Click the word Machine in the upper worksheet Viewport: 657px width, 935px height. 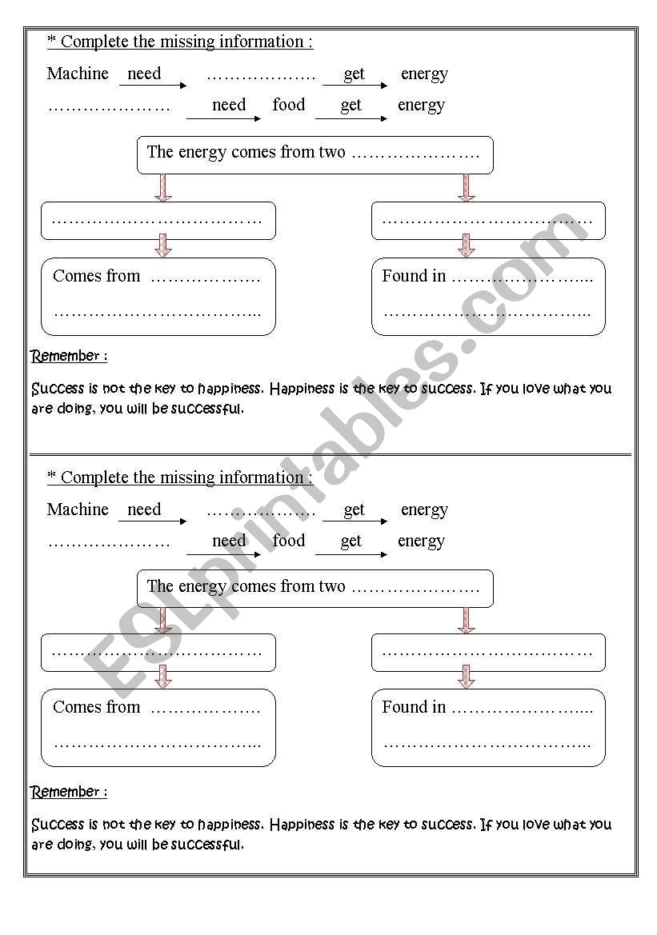[78, 74]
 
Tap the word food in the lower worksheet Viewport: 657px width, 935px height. [288, 541]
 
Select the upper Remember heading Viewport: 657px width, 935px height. [69, 356]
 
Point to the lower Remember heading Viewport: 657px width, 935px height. [69, 792]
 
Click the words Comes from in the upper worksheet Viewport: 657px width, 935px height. [96, 276]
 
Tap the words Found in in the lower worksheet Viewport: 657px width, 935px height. [414, 707]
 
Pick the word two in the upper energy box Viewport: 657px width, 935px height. [331, 152]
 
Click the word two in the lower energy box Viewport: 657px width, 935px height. [331, 586]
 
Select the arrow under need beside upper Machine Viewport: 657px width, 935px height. [153, 86]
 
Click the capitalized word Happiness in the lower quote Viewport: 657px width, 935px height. [305, 824]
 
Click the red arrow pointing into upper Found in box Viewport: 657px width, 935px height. [467, 246]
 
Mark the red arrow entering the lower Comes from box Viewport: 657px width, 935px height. [163, 677]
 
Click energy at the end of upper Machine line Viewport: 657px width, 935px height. [424, 74]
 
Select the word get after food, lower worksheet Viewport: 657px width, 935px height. [351, 541]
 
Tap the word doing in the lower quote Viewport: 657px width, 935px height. [75, 845]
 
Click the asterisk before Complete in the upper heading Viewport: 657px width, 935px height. [51, 42]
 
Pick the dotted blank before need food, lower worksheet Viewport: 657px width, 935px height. [110, 543]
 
